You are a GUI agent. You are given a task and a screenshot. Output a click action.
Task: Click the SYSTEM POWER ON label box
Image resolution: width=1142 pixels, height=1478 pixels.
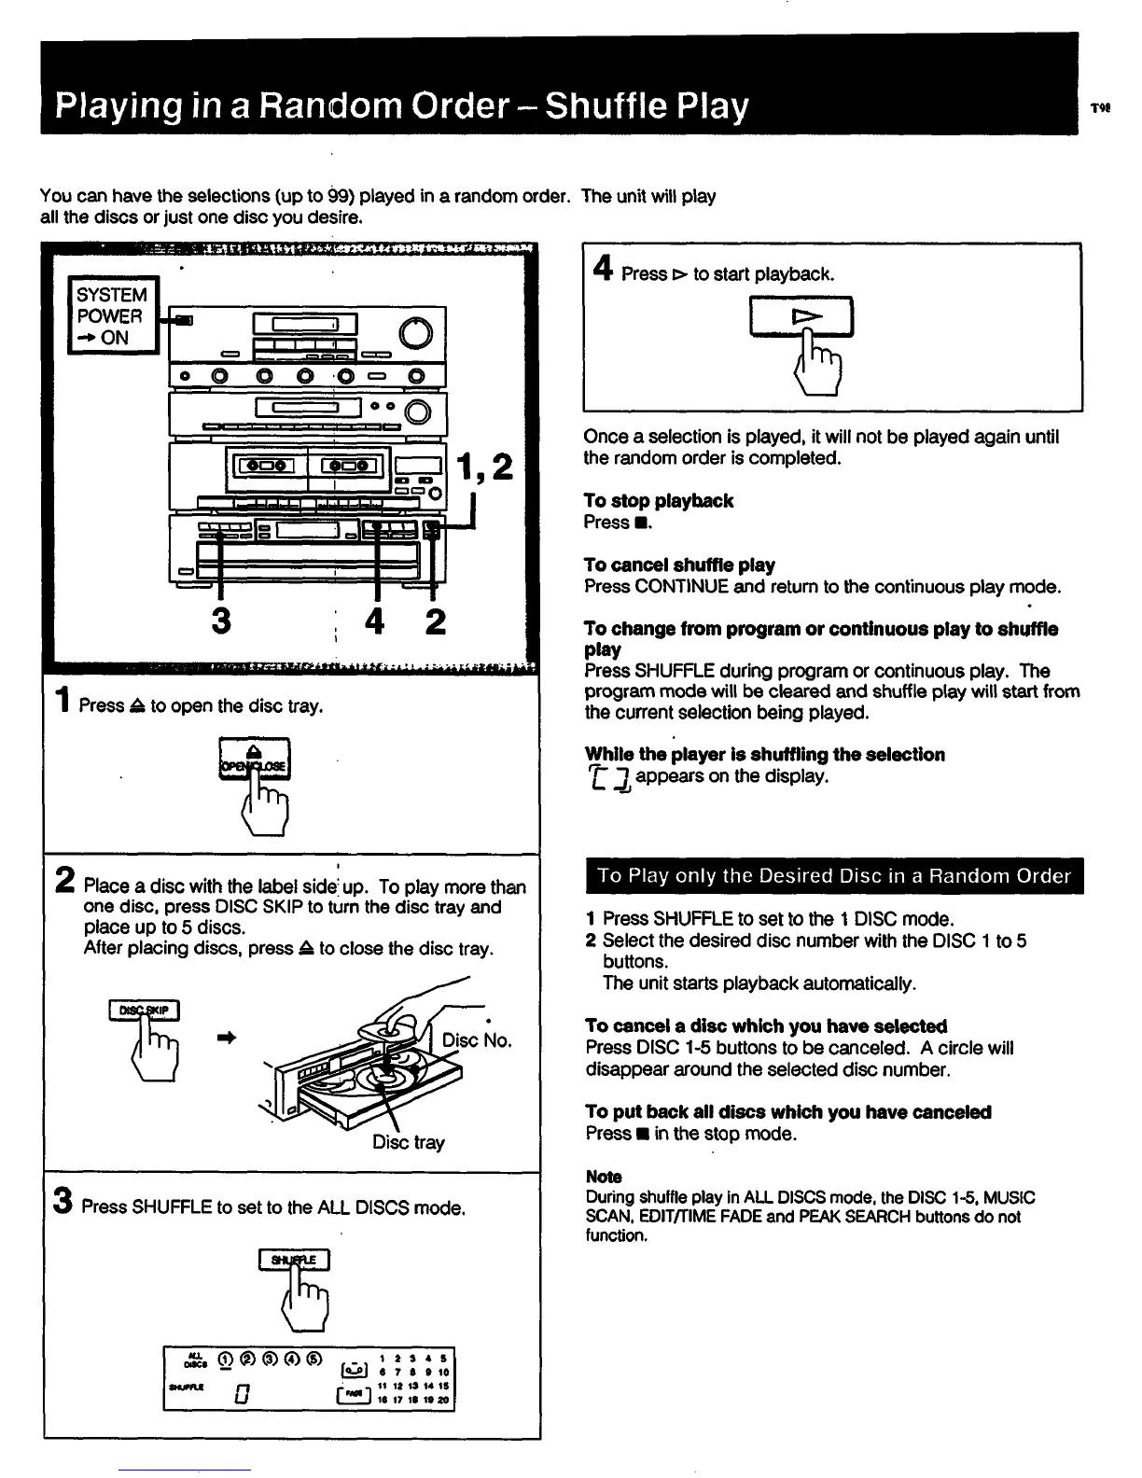[112, 315]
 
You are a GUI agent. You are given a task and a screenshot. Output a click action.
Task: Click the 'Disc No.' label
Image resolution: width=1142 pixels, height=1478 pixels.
[477, 1040]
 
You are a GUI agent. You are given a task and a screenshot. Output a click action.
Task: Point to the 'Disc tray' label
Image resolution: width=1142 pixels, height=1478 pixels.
[409, 1142]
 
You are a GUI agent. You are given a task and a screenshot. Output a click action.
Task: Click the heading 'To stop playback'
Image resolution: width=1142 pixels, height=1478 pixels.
[658, 501]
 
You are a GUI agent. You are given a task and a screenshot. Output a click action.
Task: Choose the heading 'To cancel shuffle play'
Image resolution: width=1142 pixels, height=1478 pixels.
[678, 565]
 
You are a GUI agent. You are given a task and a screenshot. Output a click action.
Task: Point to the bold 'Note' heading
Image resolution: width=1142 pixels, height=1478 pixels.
[603, 1177]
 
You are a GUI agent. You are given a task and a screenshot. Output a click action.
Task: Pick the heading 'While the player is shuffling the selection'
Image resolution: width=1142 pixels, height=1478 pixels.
[764, 754]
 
